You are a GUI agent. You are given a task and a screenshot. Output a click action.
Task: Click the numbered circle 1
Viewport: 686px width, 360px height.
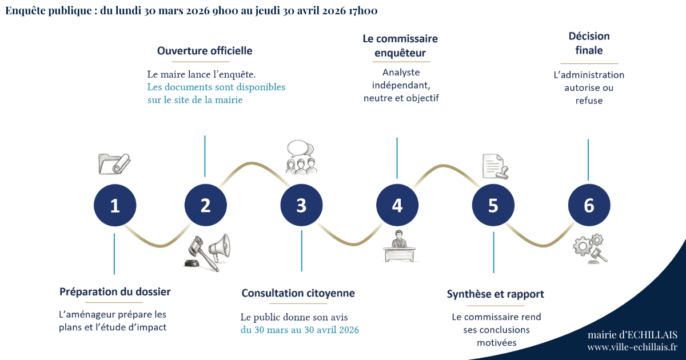pyautogui.click(x=115, y=206)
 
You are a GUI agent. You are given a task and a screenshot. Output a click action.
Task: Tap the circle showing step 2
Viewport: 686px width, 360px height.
pyautogui.click(x=205, y=206)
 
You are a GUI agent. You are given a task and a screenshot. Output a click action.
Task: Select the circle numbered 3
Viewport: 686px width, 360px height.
pyautogui.click(x=301, y=206)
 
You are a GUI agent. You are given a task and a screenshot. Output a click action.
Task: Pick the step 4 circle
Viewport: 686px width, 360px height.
pyautogui.click(x=397, y=206)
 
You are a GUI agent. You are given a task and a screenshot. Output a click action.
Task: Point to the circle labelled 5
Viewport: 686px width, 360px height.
pyautogui.click(x=493, y=206)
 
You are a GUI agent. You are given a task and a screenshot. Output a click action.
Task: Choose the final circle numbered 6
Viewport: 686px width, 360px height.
pyautogui.click(x=589, y=206)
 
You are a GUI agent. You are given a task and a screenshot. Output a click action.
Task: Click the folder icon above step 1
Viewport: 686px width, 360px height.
pyautogui.click(x=114, y=163)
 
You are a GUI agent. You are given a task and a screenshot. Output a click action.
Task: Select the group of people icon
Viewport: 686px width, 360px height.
pyautogui.click(x=301, y=157)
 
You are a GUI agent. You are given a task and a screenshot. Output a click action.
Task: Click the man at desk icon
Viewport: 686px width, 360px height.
pyautogui.click(x=397, y=247)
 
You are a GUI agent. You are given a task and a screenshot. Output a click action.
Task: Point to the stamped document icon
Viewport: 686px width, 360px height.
pyautogui.click(x=494, y=166)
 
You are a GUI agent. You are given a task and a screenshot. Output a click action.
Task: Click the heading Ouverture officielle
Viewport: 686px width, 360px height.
pyautogui.click(x=205, y=51)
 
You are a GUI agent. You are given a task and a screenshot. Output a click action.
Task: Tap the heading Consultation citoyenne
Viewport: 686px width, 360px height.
pyautogui.click(x=298, y=293)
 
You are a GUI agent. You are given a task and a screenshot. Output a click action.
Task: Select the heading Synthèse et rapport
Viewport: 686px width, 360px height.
pyautogui.click(x=495, y=294)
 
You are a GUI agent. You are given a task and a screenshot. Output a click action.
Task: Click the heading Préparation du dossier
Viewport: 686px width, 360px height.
pyautogui.click(x=115, y=292)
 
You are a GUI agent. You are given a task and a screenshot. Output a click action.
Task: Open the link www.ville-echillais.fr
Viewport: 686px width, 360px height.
pyautogui.click(x=632, y=347)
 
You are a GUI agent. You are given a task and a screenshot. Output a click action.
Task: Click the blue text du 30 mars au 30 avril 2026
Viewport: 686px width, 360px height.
pyautogui.click(x=300, y=330)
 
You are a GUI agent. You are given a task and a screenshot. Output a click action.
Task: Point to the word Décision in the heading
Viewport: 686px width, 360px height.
pyautogui.click(x=589, y=36)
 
